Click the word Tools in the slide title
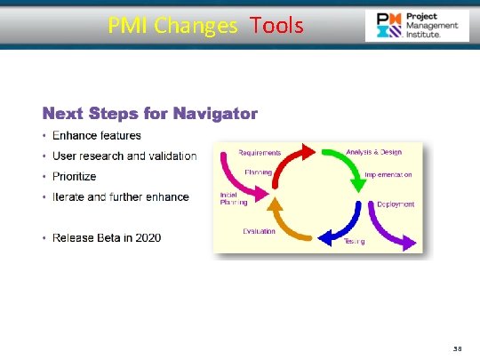point(276,25)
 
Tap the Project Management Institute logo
point(417,26)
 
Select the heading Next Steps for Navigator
point(150,114)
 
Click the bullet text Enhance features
point(96,136)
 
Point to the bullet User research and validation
point(124,156)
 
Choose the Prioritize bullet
point(74,177)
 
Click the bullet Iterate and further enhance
point(120,197)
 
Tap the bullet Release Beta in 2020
point(107,238)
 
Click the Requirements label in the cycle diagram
point(260,153)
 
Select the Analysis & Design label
point(373,152)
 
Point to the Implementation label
point(388,175)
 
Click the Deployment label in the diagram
point(395,204)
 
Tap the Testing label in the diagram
point(354,242)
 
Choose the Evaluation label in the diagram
point(260,230)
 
